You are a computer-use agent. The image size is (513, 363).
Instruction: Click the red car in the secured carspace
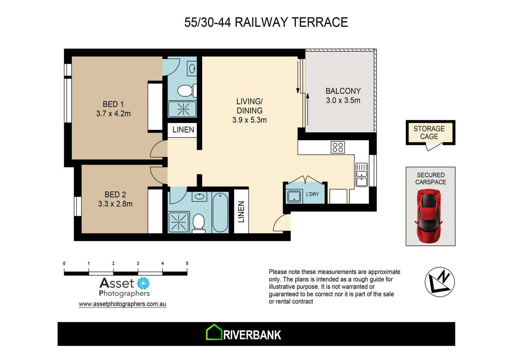point(429,216)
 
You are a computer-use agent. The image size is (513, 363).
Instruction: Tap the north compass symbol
point(439,282)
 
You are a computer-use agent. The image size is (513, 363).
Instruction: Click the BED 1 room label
point(113,104)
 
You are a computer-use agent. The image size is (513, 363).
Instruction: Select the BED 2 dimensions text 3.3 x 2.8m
point(115,204)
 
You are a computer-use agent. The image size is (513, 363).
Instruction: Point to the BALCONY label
point(343,91)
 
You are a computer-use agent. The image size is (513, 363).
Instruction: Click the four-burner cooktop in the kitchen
point(338,147)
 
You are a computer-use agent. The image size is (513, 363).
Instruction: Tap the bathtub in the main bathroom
point(220,212)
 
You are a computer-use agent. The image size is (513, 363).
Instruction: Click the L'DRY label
point(312,194)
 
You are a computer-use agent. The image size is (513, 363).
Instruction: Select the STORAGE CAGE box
point(430,133)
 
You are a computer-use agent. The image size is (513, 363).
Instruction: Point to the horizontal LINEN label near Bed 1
point(183,130)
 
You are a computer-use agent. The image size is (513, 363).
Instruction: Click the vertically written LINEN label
point(241,212)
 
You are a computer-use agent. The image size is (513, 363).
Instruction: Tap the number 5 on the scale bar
point(187,264)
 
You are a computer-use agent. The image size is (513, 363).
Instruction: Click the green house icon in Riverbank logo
point(214,332)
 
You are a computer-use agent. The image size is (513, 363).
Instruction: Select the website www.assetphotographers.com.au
point(122,304)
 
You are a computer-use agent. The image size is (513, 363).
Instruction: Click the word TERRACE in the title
point(320,23)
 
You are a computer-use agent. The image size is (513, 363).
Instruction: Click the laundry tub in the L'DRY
point(294,196)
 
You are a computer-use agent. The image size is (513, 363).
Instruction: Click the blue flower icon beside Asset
point(143,283)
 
